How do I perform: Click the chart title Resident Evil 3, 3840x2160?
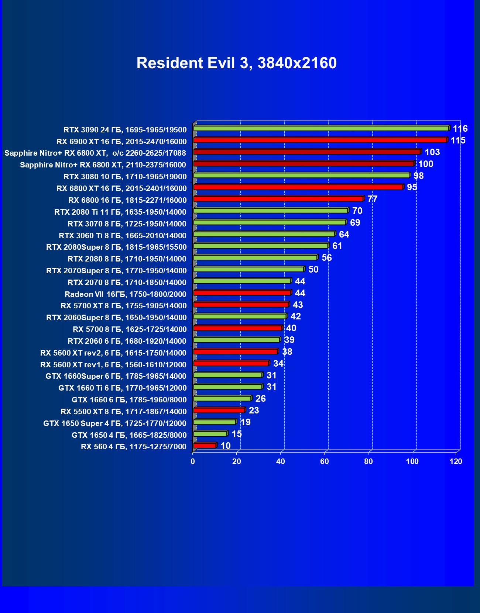pos(236,63)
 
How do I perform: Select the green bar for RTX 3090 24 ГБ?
pos(321,128)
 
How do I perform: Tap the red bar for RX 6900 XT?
pos(320,140)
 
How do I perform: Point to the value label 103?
pos(432,152)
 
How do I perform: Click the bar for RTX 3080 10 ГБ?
pos(301,175)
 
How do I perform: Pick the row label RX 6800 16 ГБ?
pos(127,200)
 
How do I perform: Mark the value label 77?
pos(372,199)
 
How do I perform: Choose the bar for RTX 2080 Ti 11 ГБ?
pos(271,211)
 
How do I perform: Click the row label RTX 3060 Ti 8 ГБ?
pos(123,236)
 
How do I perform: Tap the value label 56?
pos(327,258)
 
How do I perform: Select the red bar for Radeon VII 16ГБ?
pos(242,293)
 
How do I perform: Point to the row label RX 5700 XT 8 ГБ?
pos(124,306)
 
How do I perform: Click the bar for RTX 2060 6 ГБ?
pos(236,340)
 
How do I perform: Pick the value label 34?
pos(278,364)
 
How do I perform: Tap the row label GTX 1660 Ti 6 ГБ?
pos(123,388)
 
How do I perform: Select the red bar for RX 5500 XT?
pos(219,410)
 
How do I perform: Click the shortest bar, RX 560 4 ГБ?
pos(205,446)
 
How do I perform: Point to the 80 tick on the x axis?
pos(368,461)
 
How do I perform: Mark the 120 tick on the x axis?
pos(456,461)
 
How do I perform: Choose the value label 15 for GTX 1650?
pos(237,434)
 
